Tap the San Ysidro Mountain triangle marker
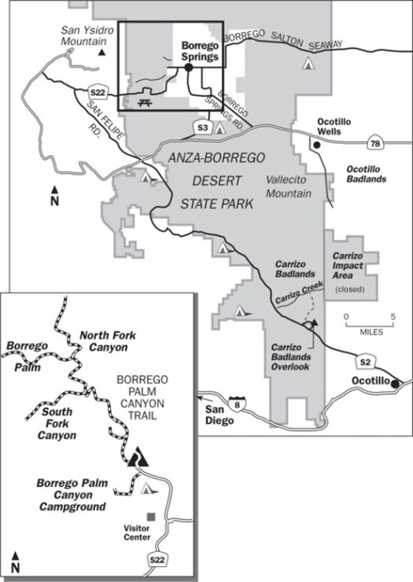coord(102,53)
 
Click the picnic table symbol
coord(144,101)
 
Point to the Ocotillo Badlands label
coord(367,174)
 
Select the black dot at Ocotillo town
coord(396,384)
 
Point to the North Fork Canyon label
coord(107,341)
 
